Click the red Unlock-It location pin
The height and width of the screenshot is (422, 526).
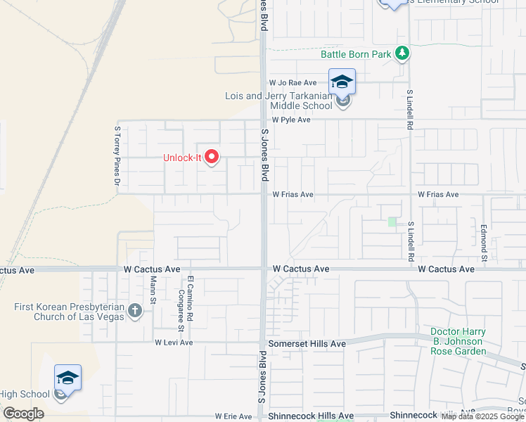point(212,157)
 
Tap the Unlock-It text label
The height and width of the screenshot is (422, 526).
point(182,158)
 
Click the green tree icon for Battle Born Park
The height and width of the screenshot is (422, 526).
point(402,53)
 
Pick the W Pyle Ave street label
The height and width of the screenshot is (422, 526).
point(292,120)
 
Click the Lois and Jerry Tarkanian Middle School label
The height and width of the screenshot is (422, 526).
point(278,101)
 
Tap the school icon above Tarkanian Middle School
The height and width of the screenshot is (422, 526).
point(342,82)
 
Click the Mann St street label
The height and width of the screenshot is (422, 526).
point(153,286)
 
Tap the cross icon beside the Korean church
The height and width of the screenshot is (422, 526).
point(135,311)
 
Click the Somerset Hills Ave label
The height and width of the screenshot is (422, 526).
point(308,343)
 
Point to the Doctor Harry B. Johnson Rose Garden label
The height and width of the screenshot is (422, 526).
point(458,341)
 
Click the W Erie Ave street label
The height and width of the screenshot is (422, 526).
point(233,416)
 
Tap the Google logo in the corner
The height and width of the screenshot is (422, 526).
point(23,414)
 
